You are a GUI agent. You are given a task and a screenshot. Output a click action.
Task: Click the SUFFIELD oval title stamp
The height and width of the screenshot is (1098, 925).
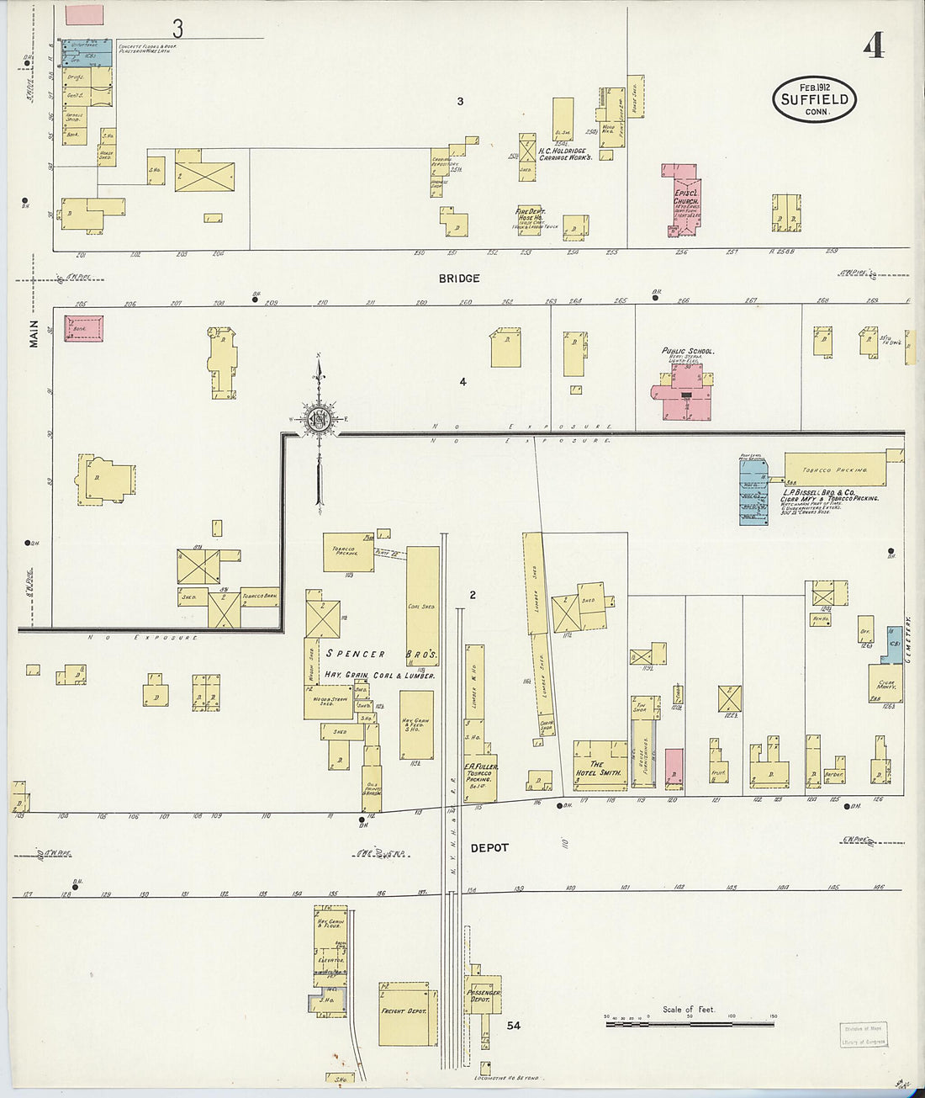[813, 99]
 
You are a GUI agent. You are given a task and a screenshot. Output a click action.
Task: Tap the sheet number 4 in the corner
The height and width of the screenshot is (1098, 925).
[873, 47]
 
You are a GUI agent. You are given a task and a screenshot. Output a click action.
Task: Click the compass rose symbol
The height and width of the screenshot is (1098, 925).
[319, 418]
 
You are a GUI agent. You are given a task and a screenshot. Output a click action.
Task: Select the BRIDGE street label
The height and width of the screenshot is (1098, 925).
[459, 278]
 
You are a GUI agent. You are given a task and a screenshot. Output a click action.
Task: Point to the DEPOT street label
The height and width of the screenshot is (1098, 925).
[489, 847]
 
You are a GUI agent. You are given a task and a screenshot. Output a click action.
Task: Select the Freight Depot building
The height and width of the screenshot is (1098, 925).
[407, 1011]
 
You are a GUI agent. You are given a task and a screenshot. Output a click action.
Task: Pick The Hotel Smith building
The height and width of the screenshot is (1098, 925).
[599, 767]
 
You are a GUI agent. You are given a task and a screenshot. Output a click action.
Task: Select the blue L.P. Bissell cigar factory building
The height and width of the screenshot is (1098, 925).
[753, 493]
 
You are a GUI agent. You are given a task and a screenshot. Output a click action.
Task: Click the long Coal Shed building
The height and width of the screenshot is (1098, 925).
[423, 606]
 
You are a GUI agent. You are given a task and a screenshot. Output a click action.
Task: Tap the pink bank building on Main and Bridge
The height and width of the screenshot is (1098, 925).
[84, 329]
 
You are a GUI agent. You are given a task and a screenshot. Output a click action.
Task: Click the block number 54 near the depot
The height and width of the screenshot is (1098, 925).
[513, 1025]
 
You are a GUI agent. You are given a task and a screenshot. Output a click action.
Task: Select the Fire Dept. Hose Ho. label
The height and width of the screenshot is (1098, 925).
[532, 215]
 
